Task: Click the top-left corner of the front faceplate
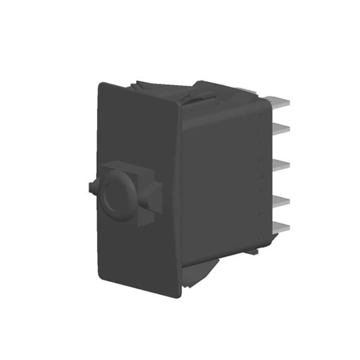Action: coord(101,84)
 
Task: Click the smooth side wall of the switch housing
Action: coord(219,180)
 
